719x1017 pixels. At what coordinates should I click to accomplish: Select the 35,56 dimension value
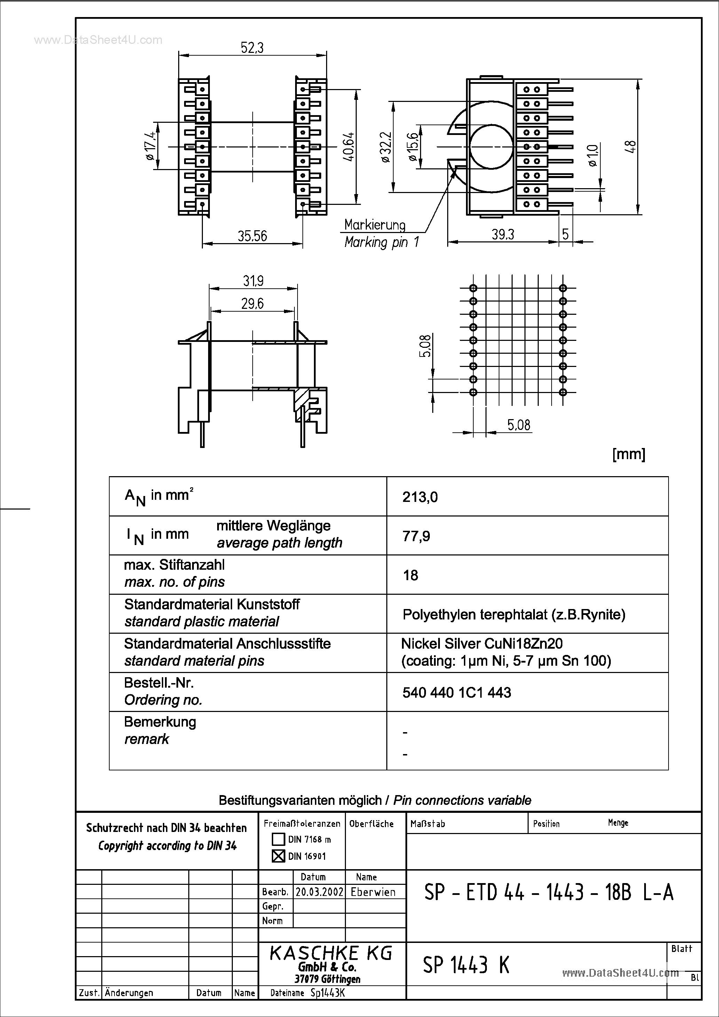(252, 236)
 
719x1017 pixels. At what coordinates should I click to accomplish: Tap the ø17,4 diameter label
(150, 146)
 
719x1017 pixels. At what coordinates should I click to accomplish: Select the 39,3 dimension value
(503, 234)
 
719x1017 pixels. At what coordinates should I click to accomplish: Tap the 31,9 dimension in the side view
(253, 281)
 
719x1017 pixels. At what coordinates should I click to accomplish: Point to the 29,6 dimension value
(252, 304)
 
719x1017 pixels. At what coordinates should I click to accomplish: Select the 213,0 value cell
(420, 497)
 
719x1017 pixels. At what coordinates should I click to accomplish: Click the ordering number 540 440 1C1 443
(457, 693)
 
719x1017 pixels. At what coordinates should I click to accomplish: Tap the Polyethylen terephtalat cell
(514, 615)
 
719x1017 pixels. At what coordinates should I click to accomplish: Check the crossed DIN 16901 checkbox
(278, 856)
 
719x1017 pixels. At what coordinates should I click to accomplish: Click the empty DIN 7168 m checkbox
(278, 839)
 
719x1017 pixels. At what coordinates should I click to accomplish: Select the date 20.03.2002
(319, 892)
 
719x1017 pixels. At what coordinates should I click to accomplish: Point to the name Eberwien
(373, 892)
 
